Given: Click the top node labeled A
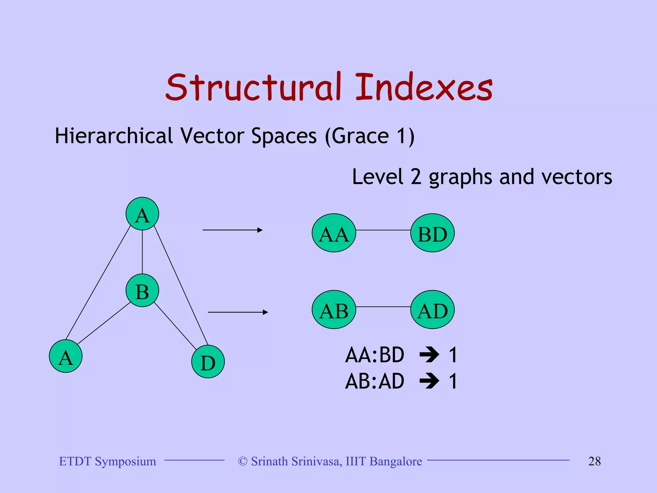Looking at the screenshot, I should pyautogui.click(x=142, y=214).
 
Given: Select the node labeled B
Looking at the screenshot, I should pyautogui.click(x=142, y=290).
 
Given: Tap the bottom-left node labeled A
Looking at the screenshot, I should pyautogui.click(x=66, y=356).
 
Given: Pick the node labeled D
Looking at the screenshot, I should pyautogui.click(x=208, y=362).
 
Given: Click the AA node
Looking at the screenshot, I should pyautogui.click(x=334, y=233).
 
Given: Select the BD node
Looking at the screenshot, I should pyautogui.click(x=432, y=233).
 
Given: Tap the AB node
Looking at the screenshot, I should pyautogui.click(x=334, y=310).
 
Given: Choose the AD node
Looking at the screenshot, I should pyautogui.click(x=432, y=310).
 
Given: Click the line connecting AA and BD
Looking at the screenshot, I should pyautogui.click(x=383, y=230).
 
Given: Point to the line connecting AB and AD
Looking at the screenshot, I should pyautogui.click(x=383, y=307).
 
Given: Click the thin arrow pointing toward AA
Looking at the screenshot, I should pyautogui.click(x=232, y=230).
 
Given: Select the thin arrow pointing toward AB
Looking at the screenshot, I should pyautogui.click(x=238, y=312).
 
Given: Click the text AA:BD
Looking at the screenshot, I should pyautogui.click(x=374, y=355).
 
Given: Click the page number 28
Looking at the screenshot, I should pyautogui.click(x=594, y=461).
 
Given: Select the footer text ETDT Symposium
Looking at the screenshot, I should pyautogui.click(x=107, y=461).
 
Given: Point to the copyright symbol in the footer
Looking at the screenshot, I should pyautogui.click(x=243, y=462).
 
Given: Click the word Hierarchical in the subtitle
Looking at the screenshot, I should pyautogui.click(x=114, y=136).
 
